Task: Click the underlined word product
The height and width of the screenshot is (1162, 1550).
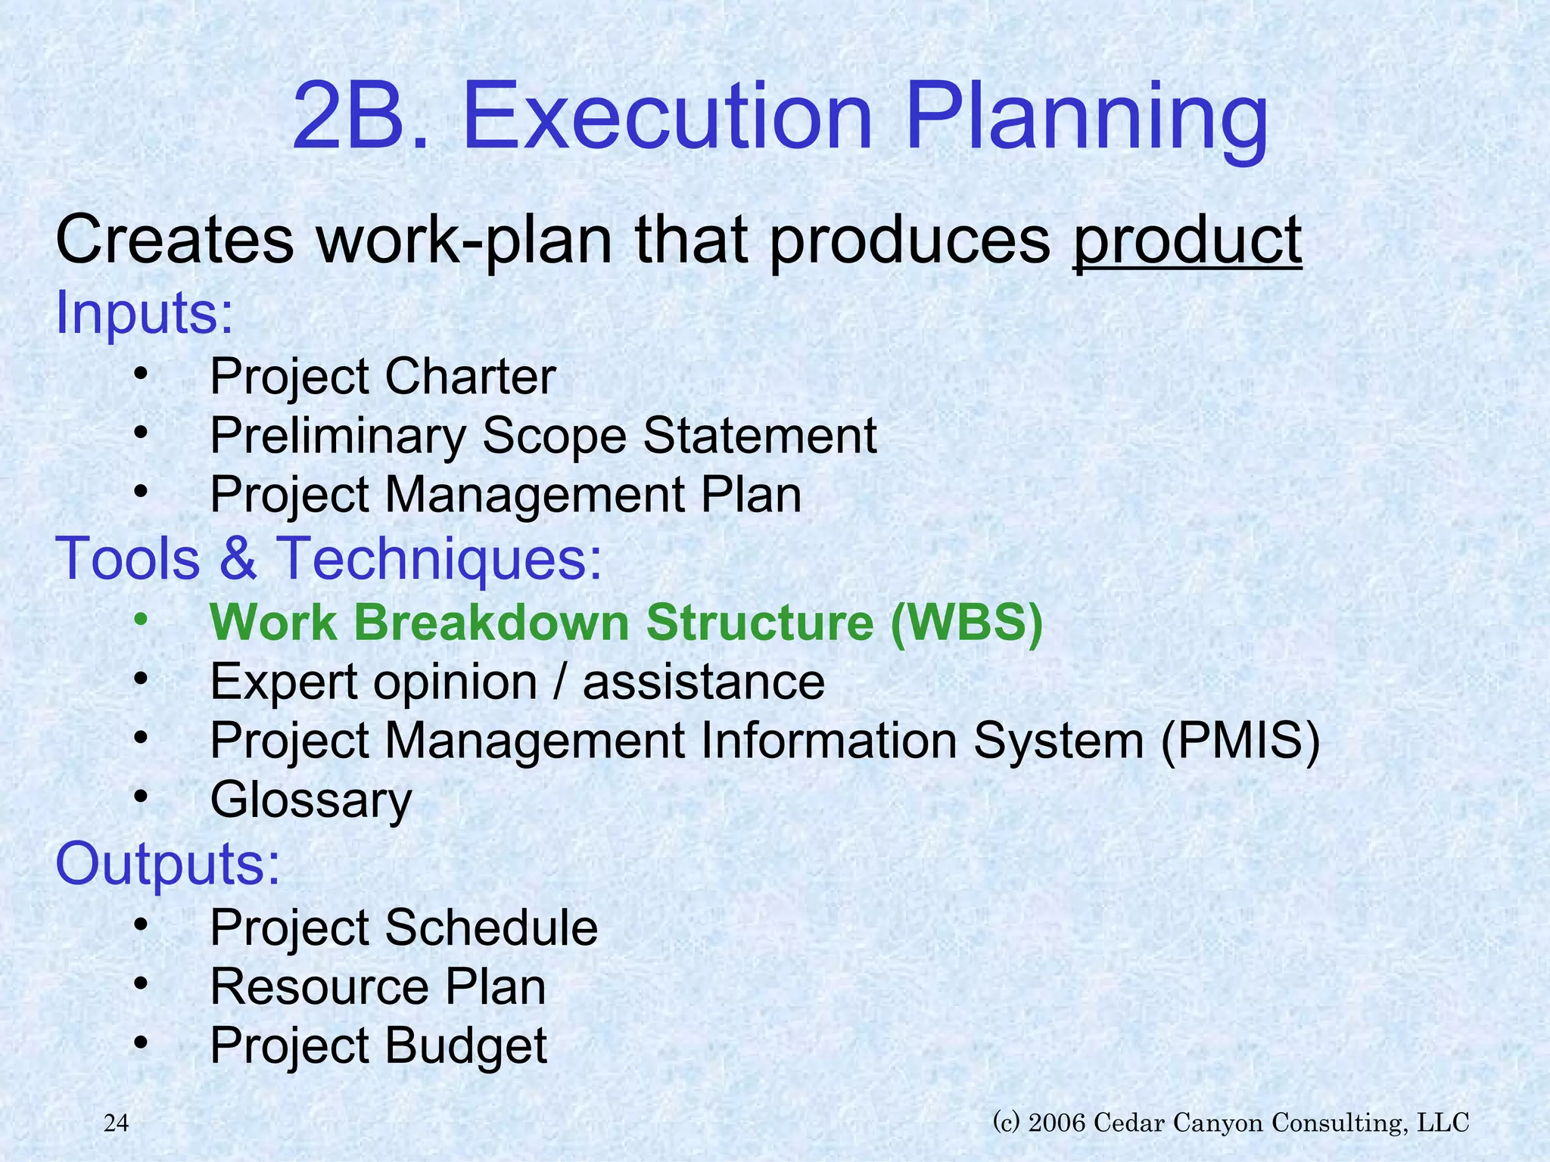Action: tap(1187, 241)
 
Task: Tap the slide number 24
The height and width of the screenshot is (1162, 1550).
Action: tap(116, 1123)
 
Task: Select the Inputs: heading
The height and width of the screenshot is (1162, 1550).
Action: tap(145, 313)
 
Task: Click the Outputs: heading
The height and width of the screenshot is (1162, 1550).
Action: tap(167, 864)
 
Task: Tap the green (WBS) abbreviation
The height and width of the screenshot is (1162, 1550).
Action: tap(966, 623)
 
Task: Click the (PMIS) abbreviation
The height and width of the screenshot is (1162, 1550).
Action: tap(1240, 741)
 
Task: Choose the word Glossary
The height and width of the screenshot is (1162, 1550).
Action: tap(311, 800)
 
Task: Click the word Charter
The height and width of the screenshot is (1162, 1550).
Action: tap(470, 377)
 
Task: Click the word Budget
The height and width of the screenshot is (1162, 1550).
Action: tap(465, 1046)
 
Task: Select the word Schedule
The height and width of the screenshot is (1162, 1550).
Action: tap(491, 928)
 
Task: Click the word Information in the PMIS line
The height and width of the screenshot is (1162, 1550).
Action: tap(829, 741)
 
